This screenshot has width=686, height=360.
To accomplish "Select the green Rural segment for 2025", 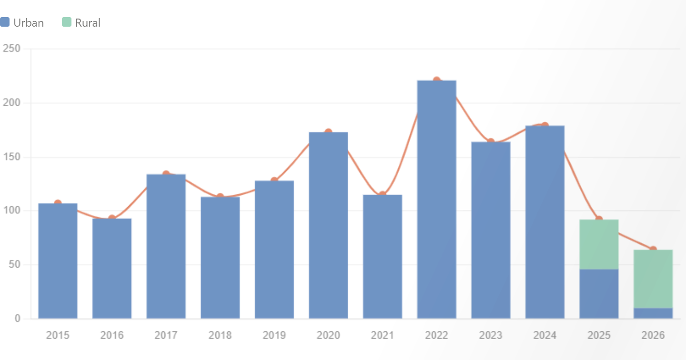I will [x=599, y=244].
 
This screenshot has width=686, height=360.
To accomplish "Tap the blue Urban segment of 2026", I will [x=653, y=313].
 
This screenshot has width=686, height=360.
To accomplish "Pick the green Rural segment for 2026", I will [x=653, y=279].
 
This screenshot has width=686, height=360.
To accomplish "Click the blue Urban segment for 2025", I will [x=599, y=294].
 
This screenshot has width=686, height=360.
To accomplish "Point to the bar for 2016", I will [x=112, y=268].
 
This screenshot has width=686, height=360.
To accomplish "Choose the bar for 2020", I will [x=328, y=225].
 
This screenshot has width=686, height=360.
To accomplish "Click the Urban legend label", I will [x=29, y=22].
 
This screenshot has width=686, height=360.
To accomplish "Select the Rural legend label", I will [x=88, y=22].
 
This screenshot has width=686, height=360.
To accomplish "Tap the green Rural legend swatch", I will [x=67, y=22].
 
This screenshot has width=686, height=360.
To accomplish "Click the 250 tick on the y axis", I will [x=11, y=49].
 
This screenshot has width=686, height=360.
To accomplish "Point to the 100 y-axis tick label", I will [x=11, y=210].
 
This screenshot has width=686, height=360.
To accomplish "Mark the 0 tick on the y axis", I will [x=17, y=319].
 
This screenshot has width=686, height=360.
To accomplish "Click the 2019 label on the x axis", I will [x=274, y=335].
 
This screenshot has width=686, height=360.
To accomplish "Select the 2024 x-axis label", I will [x=545, y=335].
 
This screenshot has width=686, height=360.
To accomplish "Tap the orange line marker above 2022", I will [x=436, y=79].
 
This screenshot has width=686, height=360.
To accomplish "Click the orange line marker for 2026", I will [x=653, y=249].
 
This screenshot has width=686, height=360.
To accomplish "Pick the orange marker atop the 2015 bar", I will [x=58, y=201].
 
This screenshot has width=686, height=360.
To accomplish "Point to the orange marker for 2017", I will [x=166, y=173].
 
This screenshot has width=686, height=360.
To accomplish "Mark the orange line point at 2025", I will [x=599, y=219].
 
